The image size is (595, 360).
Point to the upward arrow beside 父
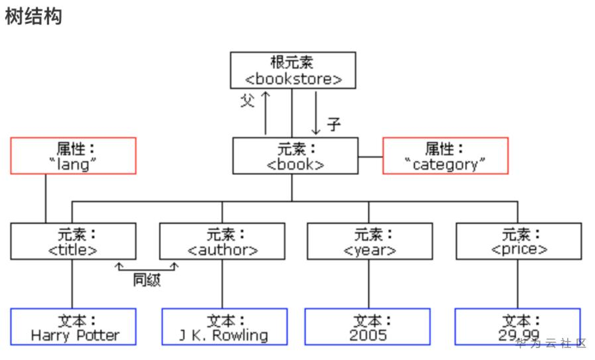[x=266, y=113]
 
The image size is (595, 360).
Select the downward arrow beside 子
[x=315, y=113]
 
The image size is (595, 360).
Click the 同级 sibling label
[x=147, y=280]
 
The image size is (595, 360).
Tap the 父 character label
[x=247, y=101]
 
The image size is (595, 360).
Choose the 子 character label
[x=333, y=125]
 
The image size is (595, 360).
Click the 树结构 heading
[x=33, y=17]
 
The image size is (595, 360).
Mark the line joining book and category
[x=370, y=156]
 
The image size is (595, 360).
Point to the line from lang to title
[x=46, y=199]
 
